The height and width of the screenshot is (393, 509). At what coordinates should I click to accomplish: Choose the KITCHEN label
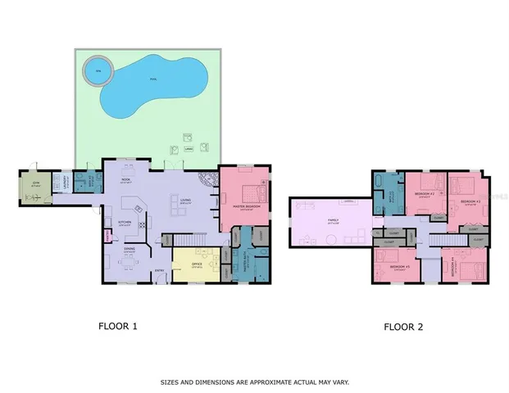point(125,222)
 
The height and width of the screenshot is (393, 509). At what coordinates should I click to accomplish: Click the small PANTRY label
point(107,237)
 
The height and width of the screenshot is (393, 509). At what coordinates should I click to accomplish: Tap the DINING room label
point(130,250)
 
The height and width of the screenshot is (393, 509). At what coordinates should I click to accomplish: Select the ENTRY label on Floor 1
point(159,271)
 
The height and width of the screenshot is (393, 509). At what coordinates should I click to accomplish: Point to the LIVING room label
point(184,201)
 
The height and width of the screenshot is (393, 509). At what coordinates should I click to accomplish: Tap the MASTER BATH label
point(247,264)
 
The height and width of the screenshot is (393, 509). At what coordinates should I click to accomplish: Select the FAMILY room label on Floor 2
point(333,220)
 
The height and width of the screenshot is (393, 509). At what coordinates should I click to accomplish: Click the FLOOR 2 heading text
point(403,327)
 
